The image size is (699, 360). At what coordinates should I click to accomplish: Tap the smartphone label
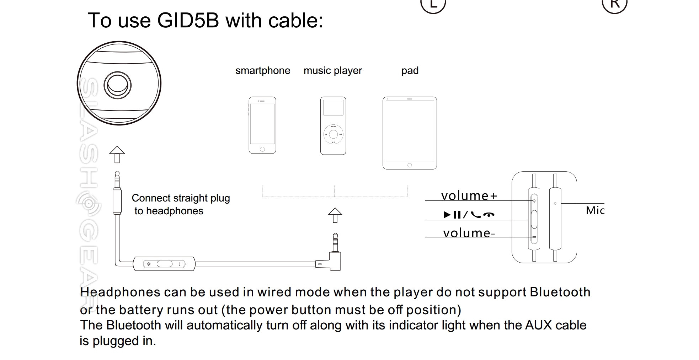point(263,71)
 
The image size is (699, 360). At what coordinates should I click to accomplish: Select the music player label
point(332,71)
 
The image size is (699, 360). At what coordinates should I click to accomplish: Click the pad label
point(410,71)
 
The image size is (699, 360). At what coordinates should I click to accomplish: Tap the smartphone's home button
point(262,149)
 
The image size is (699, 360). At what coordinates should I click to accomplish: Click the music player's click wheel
point(333,134)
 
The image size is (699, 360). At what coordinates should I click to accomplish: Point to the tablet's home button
point(410,165)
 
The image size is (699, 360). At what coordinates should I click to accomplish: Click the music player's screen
point(333,108)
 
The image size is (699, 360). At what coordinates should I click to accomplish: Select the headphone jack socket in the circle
point(117,85)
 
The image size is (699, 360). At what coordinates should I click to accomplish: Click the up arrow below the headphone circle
point(117,155)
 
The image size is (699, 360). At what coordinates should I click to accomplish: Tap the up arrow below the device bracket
point(335,215)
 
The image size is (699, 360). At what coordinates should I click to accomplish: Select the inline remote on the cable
point(164,264)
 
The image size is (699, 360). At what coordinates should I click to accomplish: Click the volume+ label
point(469,196)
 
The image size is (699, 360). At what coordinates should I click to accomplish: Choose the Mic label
point(595,210)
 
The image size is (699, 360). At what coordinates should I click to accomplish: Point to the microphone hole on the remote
point(555,204)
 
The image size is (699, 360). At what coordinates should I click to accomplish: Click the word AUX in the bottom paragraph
point(541,325)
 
